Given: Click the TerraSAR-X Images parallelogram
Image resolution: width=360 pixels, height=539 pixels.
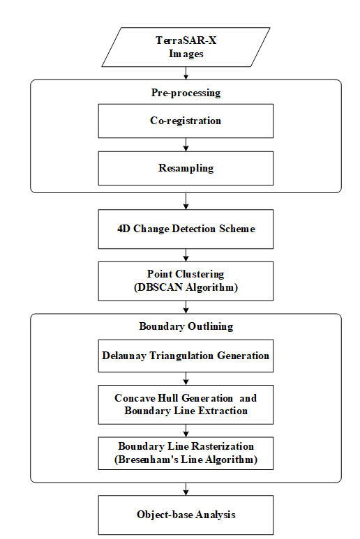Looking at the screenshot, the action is coord(186,47).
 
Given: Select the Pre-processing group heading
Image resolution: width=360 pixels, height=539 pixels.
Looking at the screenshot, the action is coord(186,93).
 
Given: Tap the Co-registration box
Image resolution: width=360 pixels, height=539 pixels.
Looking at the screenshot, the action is coord(186,121).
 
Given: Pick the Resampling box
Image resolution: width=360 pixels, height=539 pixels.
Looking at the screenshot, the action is coord(186,169).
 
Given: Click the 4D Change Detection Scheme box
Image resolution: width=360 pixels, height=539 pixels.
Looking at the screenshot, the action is coord(186,229).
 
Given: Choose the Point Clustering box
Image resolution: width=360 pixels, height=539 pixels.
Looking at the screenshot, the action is coord(186,281).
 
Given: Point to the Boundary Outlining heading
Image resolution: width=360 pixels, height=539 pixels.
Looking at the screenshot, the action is coord(186,326).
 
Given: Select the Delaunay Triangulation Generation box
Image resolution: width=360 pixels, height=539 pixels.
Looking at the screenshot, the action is coord(186,356).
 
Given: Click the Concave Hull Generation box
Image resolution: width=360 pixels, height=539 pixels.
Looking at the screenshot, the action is coord(186,404).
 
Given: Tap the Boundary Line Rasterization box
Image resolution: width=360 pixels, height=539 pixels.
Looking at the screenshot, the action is coord(186,453).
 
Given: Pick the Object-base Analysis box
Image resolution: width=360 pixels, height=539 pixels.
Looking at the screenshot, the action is coord(186,515).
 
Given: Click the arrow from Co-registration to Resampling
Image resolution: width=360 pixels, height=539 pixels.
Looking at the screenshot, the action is coord(186,145).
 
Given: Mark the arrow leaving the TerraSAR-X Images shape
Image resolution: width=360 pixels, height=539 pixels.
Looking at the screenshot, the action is coord(186,73).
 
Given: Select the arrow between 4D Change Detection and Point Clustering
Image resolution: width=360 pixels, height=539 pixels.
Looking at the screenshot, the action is coord(186,255).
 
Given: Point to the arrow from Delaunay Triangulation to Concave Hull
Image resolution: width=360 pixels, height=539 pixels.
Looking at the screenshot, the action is coord(186,379).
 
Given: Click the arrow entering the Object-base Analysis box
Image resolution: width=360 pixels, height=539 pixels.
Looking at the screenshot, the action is coord(186,489).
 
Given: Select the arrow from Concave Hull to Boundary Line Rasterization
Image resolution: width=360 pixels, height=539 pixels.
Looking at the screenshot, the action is coord(186,431).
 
